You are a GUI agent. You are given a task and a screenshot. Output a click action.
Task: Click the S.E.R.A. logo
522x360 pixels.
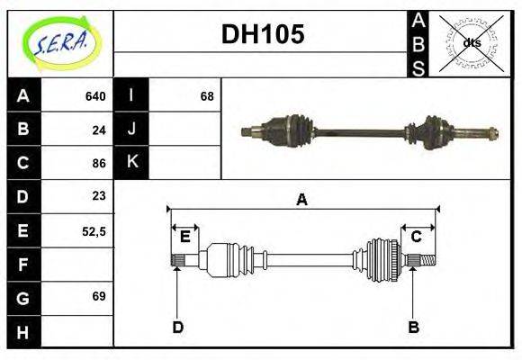point(60,43)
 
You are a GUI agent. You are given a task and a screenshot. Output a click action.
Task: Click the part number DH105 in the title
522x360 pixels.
point(263,34)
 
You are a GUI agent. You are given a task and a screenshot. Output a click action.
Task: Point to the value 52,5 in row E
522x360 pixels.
point(94,230)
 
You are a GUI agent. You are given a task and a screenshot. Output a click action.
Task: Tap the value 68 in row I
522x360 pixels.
point(207,96)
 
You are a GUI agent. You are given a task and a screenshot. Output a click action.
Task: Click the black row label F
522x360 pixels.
point(23,264)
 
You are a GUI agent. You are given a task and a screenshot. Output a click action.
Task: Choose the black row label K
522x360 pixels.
point(131,163)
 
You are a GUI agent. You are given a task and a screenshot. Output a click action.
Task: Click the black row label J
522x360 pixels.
point(131,130)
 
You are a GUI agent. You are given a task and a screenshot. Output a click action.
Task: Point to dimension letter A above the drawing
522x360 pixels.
point(302,200)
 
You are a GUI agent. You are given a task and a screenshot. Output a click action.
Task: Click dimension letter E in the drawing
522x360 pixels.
point(184,237)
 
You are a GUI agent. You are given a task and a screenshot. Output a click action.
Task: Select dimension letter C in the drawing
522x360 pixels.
point(417,237)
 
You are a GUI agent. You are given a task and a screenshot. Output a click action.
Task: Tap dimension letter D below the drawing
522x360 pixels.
point(178,327)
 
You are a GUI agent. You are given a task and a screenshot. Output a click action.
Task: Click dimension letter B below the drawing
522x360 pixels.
point(414,327)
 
